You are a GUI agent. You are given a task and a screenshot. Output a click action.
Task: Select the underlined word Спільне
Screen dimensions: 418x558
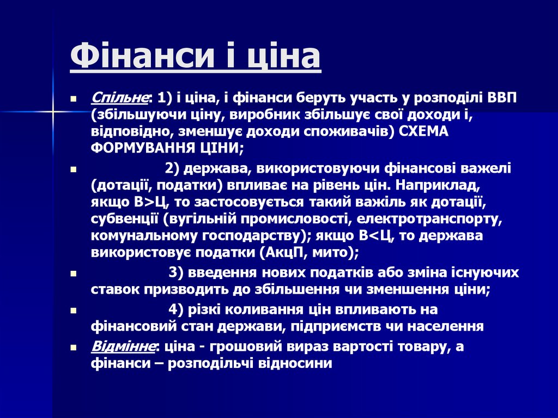(120, 98)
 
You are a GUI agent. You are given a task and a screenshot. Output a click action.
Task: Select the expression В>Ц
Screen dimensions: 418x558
(149, 203)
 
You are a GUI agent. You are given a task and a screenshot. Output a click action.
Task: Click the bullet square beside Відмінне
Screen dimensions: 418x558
(73, 347)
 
